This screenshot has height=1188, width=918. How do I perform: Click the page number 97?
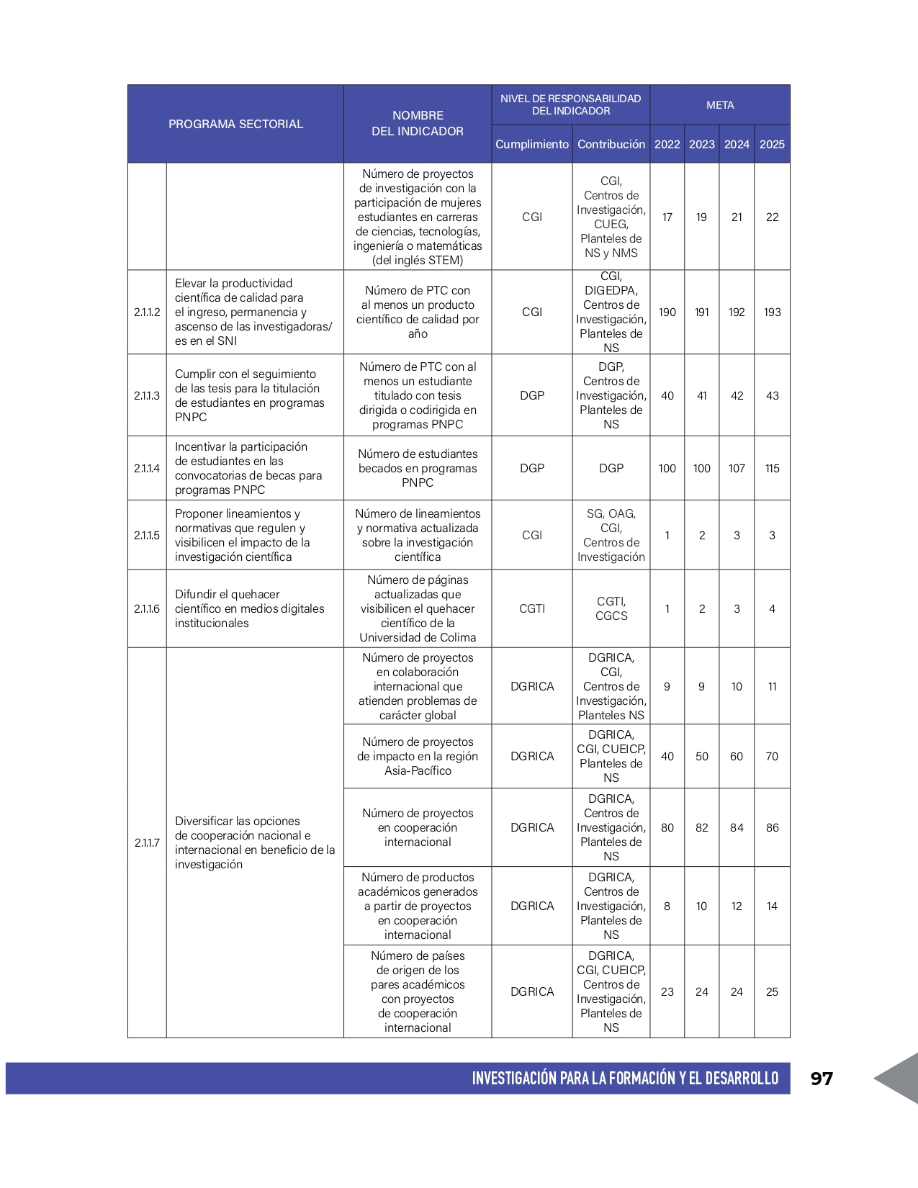coord(822,1078)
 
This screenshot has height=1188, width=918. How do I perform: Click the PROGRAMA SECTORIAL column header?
coord(235,124)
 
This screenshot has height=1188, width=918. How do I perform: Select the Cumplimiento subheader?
coord(531,144)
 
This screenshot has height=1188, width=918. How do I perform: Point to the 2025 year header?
coord(772,144)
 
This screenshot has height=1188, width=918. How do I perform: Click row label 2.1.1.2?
coord(147,312)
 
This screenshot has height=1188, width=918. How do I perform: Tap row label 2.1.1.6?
coord(147,608)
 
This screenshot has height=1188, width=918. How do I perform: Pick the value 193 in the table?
coord(772,312)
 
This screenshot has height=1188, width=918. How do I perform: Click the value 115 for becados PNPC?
coord(772,468)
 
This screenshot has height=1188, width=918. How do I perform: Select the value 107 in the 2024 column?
coord(737,468)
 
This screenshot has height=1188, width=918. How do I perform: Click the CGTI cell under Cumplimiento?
coord(532,608)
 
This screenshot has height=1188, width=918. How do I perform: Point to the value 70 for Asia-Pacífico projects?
coord(772,756)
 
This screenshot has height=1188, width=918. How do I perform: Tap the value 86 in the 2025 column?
coord(772,827)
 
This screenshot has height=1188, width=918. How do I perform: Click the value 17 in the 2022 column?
coord(667,217)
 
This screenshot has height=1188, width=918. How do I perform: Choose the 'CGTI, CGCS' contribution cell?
coord(611,608)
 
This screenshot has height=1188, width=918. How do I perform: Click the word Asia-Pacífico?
coord(418,770)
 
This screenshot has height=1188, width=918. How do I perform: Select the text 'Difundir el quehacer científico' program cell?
coord(249,608)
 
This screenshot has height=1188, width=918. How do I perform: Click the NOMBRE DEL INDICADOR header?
coord(418,123)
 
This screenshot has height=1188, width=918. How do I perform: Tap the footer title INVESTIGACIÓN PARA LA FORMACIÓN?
coord(625,1078)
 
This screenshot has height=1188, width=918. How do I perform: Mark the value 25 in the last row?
coord(772,991)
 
